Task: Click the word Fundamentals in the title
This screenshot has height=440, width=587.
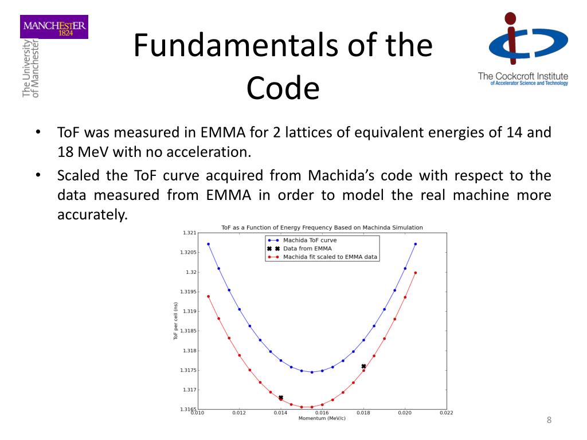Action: (224, 46)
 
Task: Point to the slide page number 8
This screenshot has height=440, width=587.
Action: (549, 421)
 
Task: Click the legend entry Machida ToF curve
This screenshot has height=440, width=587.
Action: (310, 241)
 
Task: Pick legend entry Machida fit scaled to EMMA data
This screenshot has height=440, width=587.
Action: (330, 257)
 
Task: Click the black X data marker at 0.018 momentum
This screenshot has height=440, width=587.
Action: (363, 366)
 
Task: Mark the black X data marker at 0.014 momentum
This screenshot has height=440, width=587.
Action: (281, 398)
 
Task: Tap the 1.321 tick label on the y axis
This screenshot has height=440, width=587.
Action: (189, 233)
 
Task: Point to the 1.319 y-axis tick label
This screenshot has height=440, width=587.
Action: (189, 311)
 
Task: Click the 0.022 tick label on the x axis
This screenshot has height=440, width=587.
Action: (446, 412)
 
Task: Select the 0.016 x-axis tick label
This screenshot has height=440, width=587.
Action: (322, 412)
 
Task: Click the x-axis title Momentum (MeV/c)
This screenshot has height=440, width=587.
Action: (322, 418)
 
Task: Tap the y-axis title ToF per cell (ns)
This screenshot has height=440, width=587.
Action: (175, 321)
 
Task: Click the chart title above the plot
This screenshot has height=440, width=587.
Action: (322, 227)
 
